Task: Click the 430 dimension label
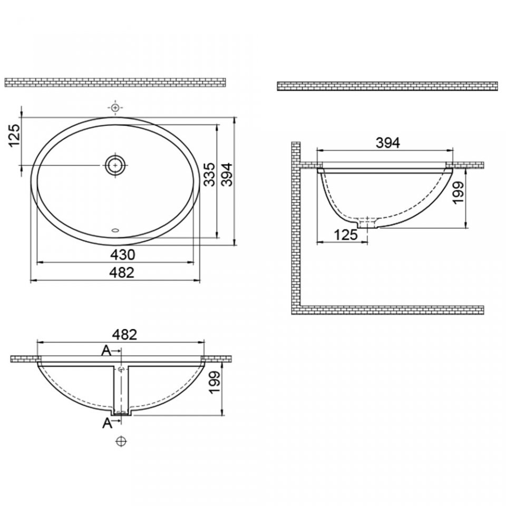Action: (123, 255)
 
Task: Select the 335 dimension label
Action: (209, 174)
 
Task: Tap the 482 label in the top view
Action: (122, 273)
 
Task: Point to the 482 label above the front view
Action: (124, 335)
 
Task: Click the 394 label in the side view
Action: (388, 143)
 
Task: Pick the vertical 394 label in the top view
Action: (228, 174)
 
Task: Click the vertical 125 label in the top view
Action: (15, 135)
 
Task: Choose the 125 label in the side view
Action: (346, 235)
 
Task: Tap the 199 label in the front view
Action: (215, 383)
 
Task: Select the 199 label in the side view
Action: (459, 192)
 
